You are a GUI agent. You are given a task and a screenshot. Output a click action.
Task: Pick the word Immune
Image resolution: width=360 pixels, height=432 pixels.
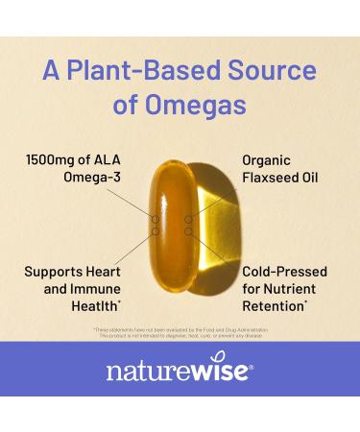(84, 290)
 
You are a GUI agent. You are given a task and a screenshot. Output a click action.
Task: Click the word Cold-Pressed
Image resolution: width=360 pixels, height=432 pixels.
(286, 272)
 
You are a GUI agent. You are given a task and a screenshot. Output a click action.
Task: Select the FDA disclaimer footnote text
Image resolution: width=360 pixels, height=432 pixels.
(180, 331)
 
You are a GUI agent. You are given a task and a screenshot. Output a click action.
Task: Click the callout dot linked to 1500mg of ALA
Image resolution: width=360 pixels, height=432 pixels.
(157, 221)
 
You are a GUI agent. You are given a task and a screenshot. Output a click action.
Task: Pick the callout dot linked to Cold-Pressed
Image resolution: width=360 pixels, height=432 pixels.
(189, 231)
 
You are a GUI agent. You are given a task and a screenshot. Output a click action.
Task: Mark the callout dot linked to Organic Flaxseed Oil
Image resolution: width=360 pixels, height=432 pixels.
(189, 221)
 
